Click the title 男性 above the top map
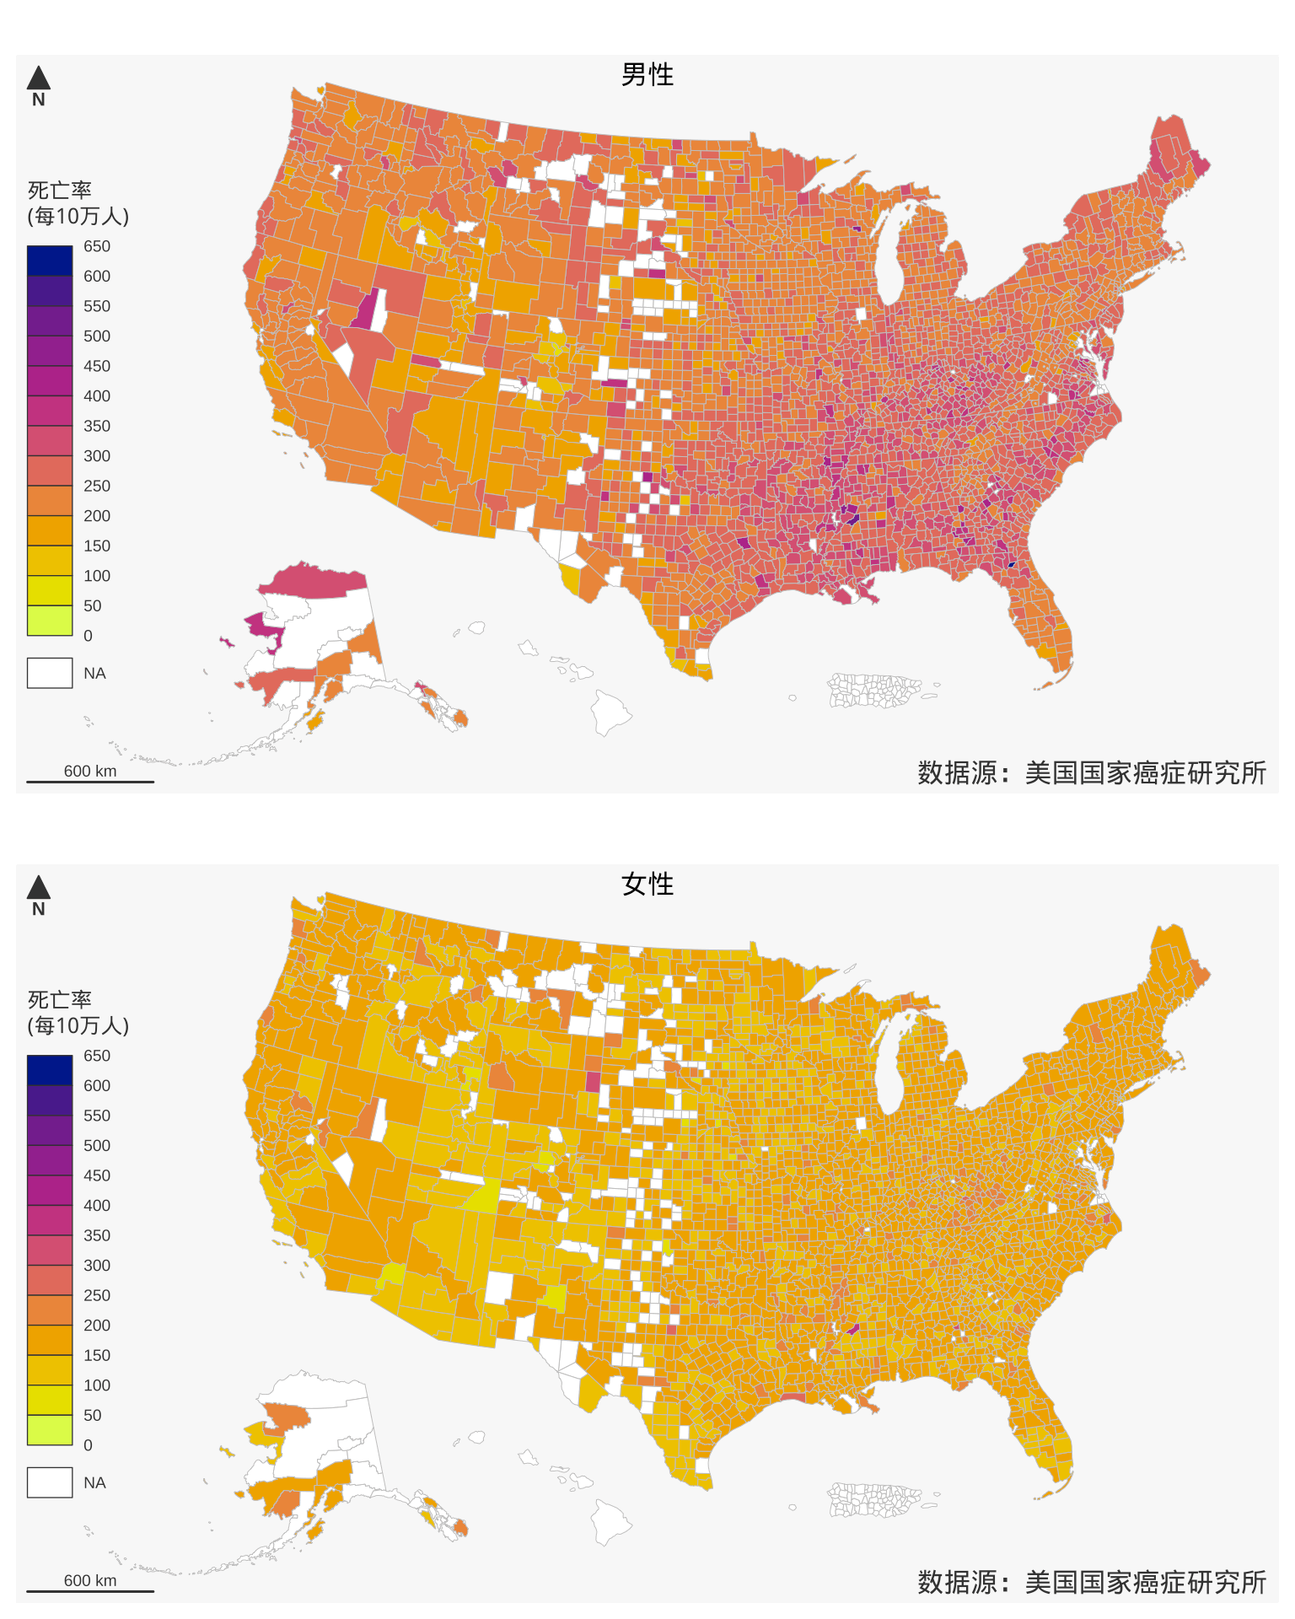point(647,75)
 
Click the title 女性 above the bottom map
point(647,885)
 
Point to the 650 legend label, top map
point(97,246)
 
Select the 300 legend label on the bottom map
point(97,1265)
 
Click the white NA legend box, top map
point(50,673)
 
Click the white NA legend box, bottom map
point(50,1482)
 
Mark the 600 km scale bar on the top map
point(90,781)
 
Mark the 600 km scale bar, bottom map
point(90,1590)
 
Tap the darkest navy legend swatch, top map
point(50,261)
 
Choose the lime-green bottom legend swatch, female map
point(50,1430)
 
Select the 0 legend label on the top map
point(89,636)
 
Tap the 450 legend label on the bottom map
point(97,1175)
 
